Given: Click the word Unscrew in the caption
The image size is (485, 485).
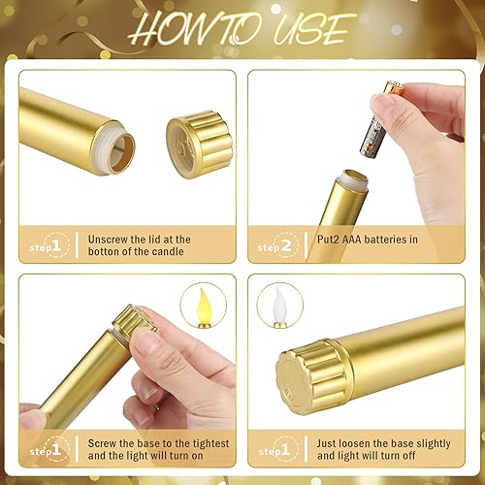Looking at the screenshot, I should (x=109, y=239).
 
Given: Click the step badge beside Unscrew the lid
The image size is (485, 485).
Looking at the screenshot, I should (x=43, y=247).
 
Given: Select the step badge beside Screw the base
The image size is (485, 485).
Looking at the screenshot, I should (x=43, y=451).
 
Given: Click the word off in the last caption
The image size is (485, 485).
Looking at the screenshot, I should (x=407, y=457).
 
